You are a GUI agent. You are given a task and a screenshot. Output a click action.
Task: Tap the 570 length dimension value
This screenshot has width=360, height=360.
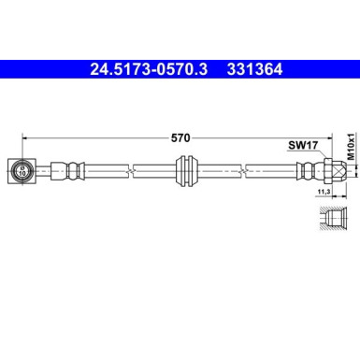181,137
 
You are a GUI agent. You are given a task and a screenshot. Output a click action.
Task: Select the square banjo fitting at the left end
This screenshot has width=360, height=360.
22,170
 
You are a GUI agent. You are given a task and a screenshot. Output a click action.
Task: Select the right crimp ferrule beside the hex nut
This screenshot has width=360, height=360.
303,170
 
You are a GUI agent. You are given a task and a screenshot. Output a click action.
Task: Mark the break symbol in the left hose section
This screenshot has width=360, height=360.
133,170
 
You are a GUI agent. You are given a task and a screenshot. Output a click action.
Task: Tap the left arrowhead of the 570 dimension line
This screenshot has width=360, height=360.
25,137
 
